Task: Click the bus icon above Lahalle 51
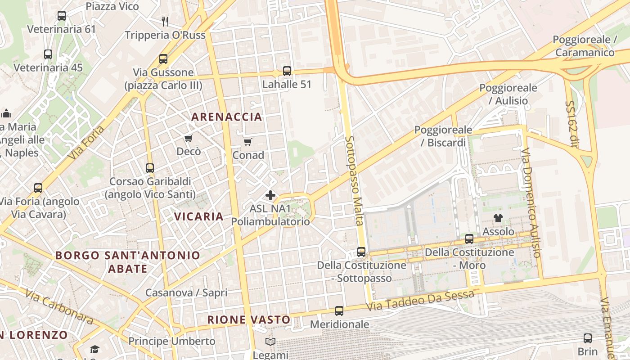287,71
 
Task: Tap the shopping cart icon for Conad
247,142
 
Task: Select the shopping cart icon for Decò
188,139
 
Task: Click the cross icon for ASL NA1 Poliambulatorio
270,195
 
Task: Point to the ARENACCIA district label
226,117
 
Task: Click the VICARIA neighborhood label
198,216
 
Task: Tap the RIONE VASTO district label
249,320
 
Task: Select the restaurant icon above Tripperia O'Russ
165,21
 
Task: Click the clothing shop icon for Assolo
498,219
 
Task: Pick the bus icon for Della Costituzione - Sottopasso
361,252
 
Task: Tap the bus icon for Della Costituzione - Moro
469,239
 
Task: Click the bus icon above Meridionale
339,311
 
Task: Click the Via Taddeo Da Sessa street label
420,301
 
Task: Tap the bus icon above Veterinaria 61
62,16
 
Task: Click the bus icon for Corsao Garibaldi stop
150,168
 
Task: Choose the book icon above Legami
270,342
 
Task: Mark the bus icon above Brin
588,338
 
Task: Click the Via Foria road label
87,143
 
